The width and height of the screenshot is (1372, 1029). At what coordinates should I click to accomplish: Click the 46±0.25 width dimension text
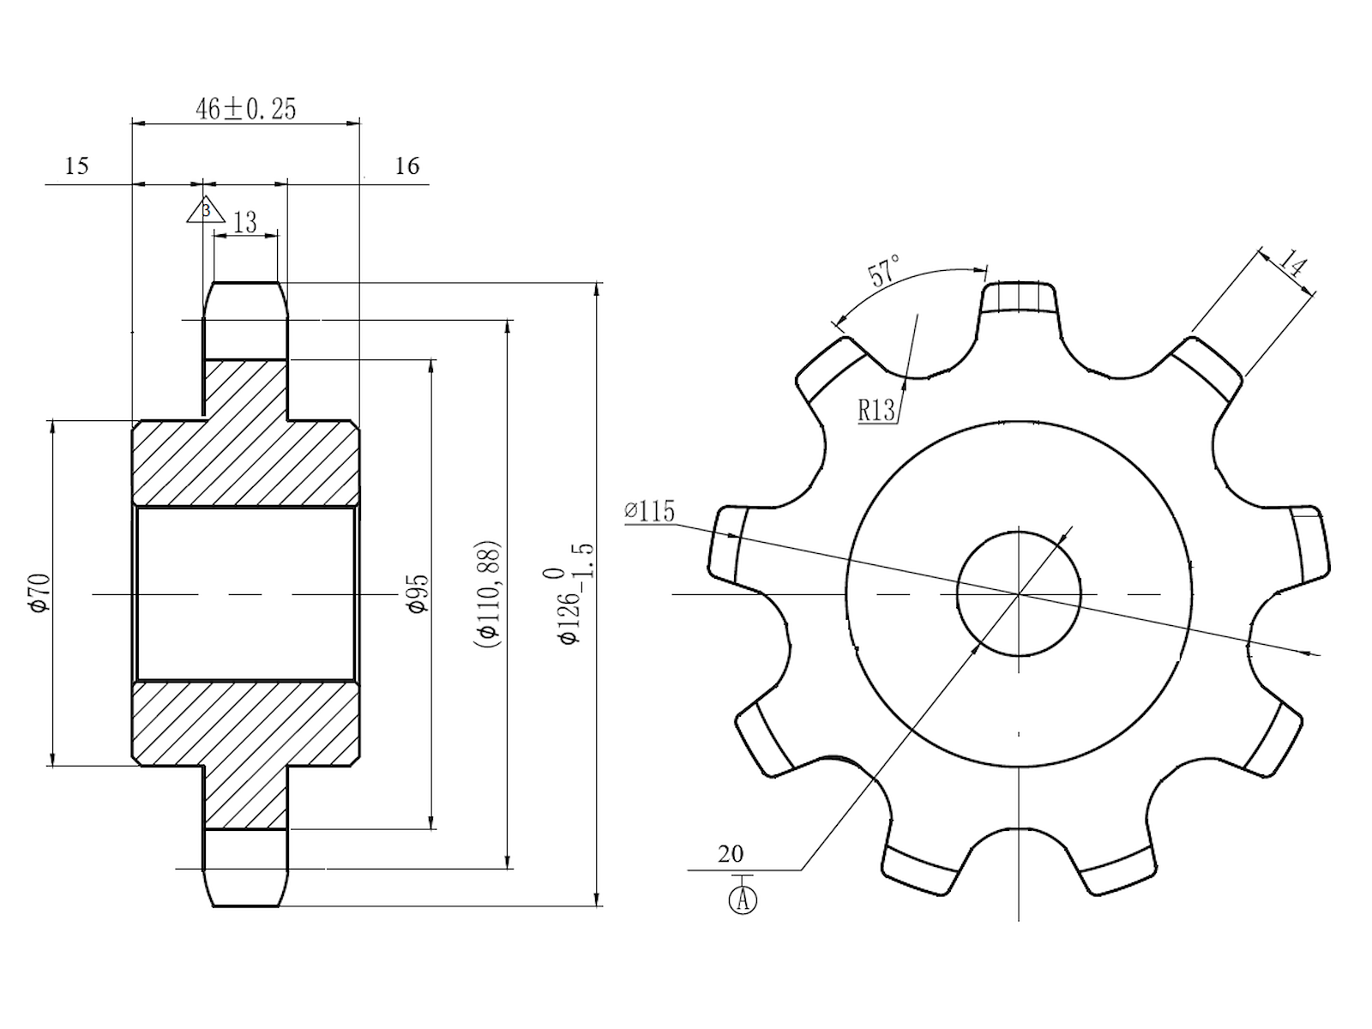click(x=246, y=109)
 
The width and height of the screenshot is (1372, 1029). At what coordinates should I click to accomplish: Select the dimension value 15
click(x=77, y=165)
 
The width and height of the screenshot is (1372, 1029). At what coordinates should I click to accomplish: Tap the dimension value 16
click(x=407, y=165)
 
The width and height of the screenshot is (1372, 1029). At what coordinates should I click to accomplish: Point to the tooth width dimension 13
click(x=245, y=222)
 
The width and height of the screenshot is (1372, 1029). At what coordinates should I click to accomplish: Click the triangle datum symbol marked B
click(x=206, y=210)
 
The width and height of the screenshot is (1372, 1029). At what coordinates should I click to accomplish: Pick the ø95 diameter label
click(x=418, y=593)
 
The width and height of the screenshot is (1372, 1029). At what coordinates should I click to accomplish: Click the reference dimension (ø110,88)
click(x=487, y=593)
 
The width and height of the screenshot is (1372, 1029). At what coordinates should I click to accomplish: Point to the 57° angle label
click(x=884, y=270)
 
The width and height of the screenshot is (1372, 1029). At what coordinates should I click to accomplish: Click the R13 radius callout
click(x=876, y=411)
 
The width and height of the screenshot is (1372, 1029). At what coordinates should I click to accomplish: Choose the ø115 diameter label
click(x=650, y=511)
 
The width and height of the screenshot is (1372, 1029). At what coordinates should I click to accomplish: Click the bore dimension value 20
click(x=731, y=854)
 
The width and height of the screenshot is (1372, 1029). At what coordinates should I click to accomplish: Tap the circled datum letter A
click(x=743, y=900)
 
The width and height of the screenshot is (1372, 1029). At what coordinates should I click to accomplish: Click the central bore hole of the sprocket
click(x=1019, y=593)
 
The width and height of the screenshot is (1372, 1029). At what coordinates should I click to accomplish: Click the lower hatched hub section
click(x=245, y=737)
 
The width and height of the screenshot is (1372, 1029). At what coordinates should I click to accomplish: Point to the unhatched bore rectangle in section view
click(x=245, y=593)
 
